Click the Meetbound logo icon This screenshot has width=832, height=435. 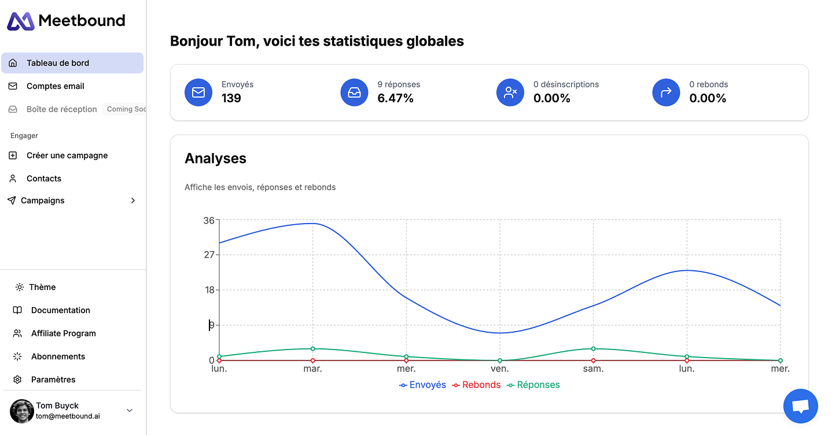coord(21,21)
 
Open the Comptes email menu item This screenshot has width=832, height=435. coord(55,86)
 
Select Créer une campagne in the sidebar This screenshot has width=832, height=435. coord(67,155)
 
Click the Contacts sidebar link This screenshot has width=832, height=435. coord(43,179)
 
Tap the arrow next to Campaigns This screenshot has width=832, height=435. coord(133,200)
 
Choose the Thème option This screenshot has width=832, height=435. coord(42,287)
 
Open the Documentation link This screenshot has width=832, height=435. coord(60,310)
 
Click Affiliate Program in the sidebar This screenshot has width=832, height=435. coord(63,333)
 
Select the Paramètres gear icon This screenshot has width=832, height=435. coord(17,380)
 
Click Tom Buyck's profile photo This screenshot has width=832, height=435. coord(22,411)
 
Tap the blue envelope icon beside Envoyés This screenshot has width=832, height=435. coord(198,92)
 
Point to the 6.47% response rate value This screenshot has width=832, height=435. coord(395,98)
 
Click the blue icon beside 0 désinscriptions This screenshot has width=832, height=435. coord(510,92)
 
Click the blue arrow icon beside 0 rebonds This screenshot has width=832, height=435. coord(666,92)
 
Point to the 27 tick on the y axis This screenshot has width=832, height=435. coord(208,255)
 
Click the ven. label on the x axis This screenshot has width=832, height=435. coord(500,369)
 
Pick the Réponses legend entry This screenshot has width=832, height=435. coord(533,385)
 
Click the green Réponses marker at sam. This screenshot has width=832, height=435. coord(593,348)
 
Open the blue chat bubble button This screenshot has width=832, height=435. coord(800,406)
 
